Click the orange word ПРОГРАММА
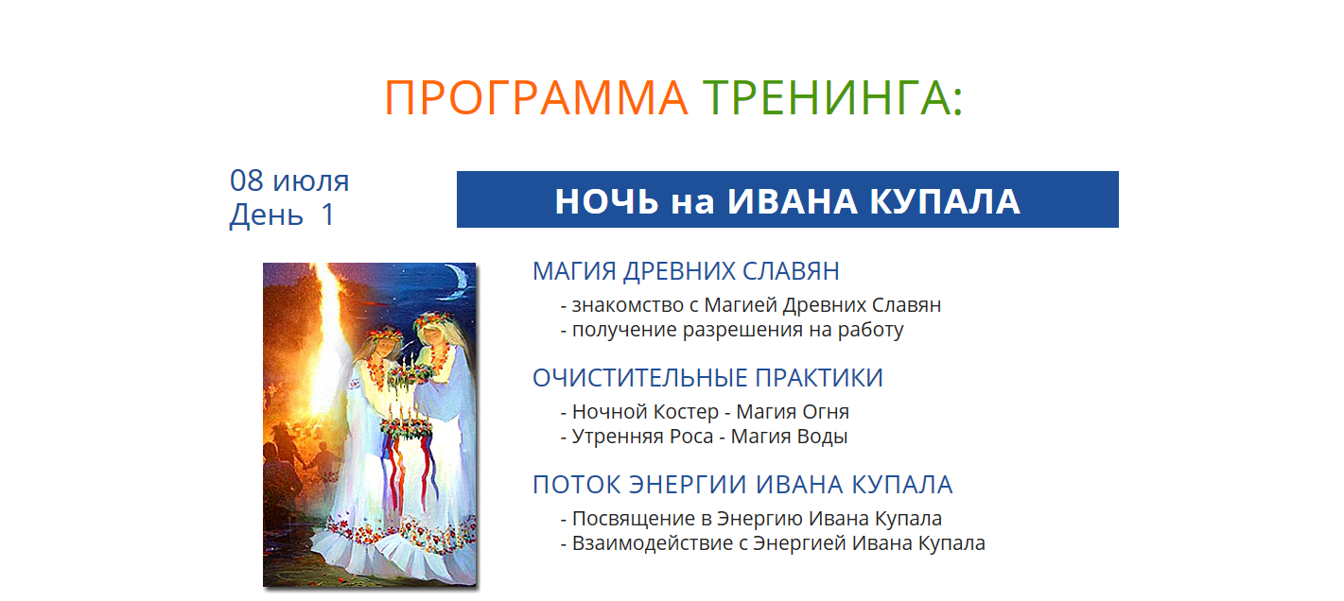tap(535, 97)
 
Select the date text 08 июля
tap(289, 180)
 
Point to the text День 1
tap(282, 215)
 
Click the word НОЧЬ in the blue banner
tap(606, 201)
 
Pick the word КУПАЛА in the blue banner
tap(945, 201)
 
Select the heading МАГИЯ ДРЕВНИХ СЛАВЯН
tap(686, 271)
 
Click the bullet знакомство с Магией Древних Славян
tap(751, 305)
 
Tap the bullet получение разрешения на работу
tap(732, 330)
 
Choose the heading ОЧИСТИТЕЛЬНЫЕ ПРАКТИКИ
tap(708, 378)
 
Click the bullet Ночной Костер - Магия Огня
tap(705, 412)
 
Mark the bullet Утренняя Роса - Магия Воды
tap(704, 437)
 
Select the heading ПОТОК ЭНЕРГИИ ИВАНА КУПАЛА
tap(742, 485)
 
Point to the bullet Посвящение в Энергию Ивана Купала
tap(751, 518)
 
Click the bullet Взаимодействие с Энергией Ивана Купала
tap(773, 542)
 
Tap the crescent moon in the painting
tap(459, 282)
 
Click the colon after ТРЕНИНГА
tap(957, 100)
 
